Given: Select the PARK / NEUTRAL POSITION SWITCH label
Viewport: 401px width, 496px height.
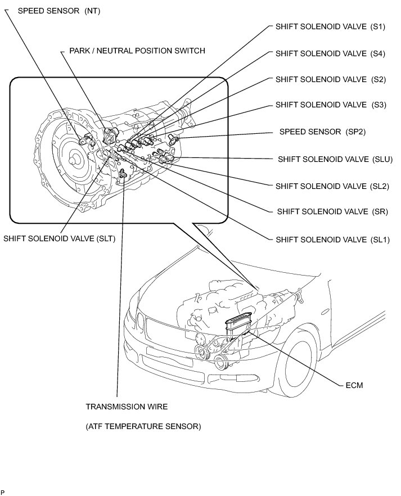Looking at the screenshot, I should [x=137, y=51].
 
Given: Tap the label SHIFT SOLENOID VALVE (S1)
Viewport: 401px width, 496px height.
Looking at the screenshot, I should [x=330, y=26].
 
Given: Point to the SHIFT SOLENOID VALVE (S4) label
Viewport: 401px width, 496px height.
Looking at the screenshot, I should [x=330, y=53].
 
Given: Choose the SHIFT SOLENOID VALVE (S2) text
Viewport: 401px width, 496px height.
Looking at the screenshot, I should [x=330, y=79].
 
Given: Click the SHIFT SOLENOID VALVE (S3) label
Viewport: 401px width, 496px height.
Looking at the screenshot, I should [x=331, y=105].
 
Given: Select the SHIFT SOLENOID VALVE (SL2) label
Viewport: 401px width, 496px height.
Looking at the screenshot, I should [x=332, y=186].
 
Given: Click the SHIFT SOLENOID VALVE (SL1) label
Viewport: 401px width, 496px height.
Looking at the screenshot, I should [x=332, y=239].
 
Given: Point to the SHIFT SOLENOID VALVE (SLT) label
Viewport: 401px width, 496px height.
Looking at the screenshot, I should [x=59, y=238].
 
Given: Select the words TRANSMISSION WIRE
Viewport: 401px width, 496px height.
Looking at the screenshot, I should [x=127, y=406].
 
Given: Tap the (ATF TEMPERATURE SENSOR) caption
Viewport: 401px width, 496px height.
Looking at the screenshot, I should [x=143, y=426].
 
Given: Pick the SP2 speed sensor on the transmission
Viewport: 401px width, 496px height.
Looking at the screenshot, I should [x=173, y=138].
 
